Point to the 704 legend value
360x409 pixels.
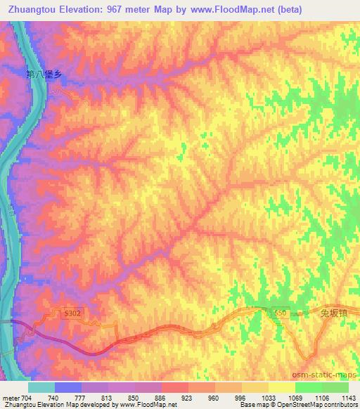pos(27,397)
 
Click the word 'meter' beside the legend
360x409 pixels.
pos(11,397)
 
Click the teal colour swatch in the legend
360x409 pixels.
pos(41,387)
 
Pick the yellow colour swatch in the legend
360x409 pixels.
pos(282,387)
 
